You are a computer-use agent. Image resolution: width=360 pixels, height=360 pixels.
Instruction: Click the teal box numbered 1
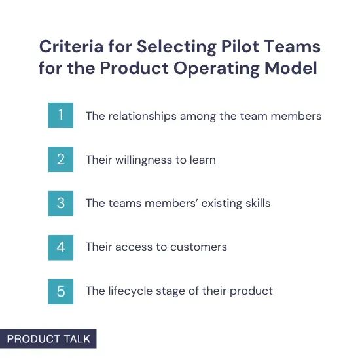pyautogui.click(x=61, y=116)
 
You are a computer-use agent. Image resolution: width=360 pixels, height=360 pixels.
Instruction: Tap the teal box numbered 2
pyautogui.click(x=61, y=160)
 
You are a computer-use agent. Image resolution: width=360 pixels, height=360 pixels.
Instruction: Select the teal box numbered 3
pyautogui.click(x=61, y=203)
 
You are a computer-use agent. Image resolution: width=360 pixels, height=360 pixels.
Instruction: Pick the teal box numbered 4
pyautogui.click(x=61, y=247)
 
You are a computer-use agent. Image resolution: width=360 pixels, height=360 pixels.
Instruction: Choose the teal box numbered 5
pyautogui.click(x=61, y=291)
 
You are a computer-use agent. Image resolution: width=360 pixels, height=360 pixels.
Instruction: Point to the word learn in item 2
pyautogui.click(x=202, y=160)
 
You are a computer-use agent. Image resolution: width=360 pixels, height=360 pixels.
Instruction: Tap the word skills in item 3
pyautogui.click(x=256, y=204)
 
